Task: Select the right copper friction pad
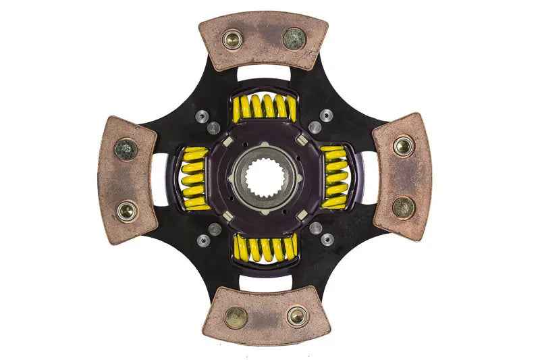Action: (403, 177)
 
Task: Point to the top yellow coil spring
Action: (263, 108)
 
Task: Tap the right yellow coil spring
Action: (333, 177)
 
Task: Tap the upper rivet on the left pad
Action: (126, 149)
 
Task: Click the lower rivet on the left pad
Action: (126, 211)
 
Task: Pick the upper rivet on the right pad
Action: (404, 145)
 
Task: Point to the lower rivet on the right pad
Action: (403, 207)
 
